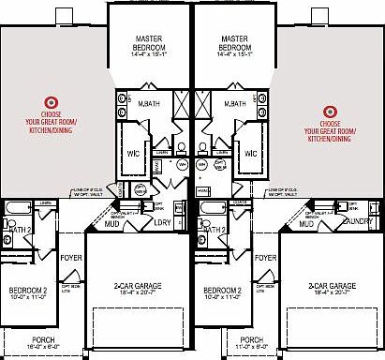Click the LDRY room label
pyautogui.click(x=163, y=223)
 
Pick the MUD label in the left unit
pyautogui.click(x=111, y=224)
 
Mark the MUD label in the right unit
pyautogui.click(x=306, y=224)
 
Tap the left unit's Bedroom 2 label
pyautogui.click(x=28, y=291)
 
